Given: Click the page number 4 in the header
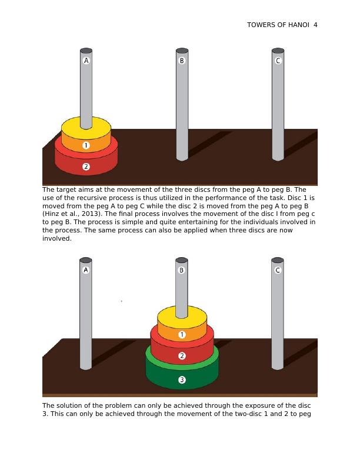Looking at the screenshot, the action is coord(315,25).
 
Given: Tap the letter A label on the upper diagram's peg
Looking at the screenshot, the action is coord(86,61).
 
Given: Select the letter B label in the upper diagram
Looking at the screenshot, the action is coord(182,61).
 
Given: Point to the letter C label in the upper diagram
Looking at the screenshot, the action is coord(278,61).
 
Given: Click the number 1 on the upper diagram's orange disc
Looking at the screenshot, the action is coord(86,145).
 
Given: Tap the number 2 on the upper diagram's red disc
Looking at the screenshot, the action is coord(86,167).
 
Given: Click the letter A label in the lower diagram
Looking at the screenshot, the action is coord(86,270).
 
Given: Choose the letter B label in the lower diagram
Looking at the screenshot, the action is coord(182,270).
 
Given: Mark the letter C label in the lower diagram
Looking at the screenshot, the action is coord(278,270).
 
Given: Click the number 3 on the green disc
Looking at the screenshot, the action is coord(182,380).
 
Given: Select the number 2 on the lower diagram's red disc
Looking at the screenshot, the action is coord(182,356).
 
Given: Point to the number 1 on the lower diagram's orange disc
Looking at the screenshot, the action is coord(182,335).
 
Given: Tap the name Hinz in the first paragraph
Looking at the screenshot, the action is coord(51,214).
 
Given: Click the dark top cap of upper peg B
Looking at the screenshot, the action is coord(182,51).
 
